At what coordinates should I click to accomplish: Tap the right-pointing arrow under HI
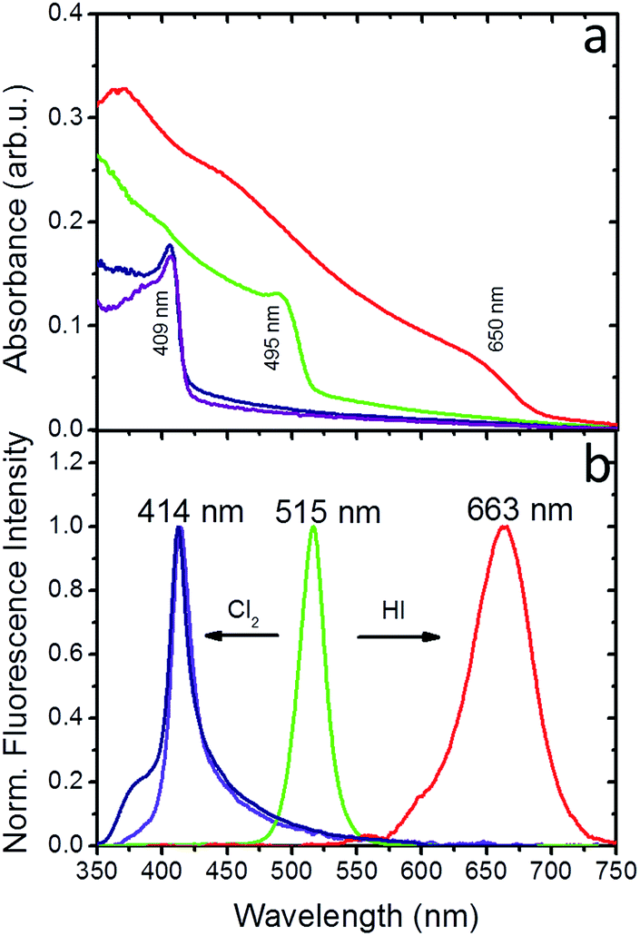[x=398, y=637]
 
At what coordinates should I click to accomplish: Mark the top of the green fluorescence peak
[x=314, y=527]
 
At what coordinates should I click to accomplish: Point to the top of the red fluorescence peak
[x=505, y=527]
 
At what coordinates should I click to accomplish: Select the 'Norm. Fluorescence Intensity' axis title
[x=16, y=639]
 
